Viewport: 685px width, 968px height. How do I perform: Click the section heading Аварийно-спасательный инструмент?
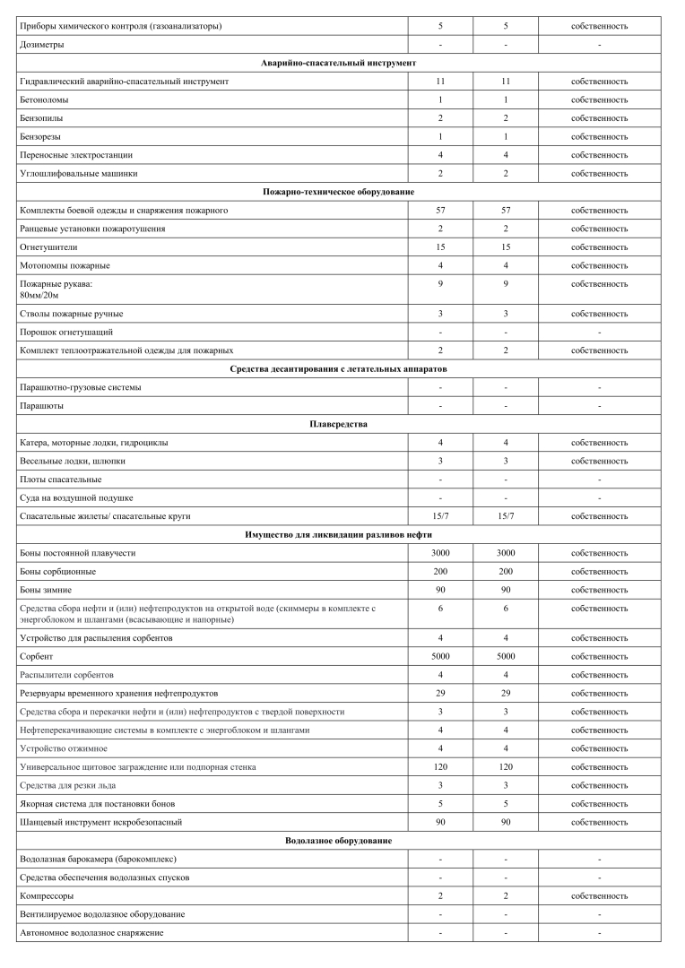(338, 63)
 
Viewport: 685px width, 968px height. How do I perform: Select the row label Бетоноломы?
(43, 99)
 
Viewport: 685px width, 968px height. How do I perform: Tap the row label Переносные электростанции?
(72, 154)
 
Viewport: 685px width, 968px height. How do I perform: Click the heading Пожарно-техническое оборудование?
(338, 192)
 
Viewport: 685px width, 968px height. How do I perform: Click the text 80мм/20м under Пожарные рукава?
(39, 295)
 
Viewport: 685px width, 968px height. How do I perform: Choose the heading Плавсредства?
(338, 424)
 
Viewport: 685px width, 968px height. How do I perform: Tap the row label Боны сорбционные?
(57, 571)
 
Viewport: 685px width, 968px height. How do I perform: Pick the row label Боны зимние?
(46, 590)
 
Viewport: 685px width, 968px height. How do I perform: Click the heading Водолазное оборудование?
(338, 841)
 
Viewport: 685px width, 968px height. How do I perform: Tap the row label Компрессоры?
(47, 895)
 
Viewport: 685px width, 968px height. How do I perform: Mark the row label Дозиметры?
(41, 45)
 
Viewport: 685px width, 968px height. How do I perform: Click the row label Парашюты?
(41, 405)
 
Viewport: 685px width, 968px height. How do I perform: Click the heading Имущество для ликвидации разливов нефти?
(338, 534)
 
